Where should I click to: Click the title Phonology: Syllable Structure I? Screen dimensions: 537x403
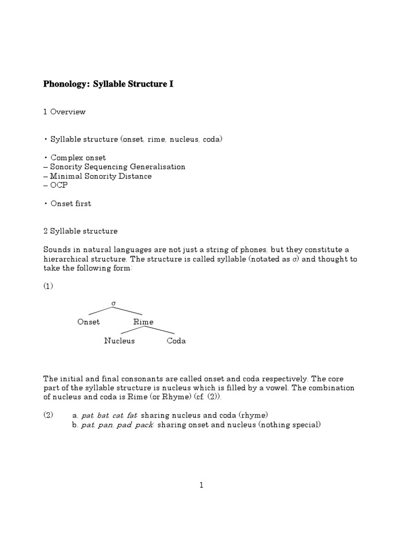[x=108, y=84]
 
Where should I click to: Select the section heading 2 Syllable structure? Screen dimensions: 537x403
[x=80, y=231]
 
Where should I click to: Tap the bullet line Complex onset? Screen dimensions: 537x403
[x=77, y=157]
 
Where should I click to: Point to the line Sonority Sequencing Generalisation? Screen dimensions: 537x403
[x=114, y=167]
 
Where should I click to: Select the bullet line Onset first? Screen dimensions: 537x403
[x=69, y=203]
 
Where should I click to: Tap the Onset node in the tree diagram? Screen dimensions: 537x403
[x=89, y=322]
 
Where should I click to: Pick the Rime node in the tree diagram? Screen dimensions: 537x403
[x=143, y=322]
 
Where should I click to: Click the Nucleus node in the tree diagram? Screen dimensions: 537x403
[x=119, y=341]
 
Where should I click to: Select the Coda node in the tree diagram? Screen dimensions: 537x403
[x=176, y=341]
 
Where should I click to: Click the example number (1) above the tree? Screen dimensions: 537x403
[x=48, y=286]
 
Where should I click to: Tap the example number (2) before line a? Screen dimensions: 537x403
[x=48, y=415]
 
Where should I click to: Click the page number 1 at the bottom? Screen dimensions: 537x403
[x=201, y=486]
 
